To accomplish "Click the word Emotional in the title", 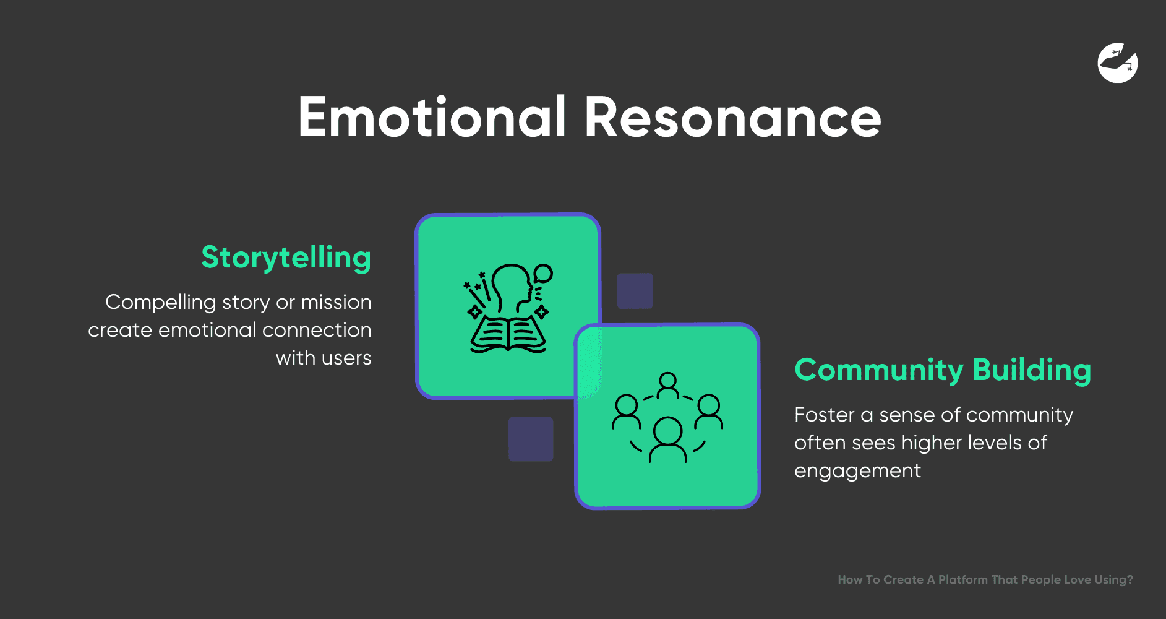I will (x=432, y=117).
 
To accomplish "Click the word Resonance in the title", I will (x=732, y=117).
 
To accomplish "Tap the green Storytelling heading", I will (x=286, y=258).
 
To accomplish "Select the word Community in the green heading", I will (x=879, y=370).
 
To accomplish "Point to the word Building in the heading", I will (x=1031, y=370).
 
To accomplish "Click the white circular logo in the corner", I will (x=1118, y=63).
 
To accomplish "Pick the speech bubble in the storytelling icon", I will (x=543, y=273).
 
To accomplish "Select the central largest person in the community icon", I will (x=667, y=438).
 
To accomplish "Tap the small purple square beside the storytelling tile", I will (x=635, y=291).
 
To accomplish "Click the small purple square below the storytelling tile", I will (x=531, y=439).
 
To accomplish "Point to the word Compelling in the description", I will (x=160, y=303).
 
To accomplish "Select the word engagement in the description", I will (x=857, y=471).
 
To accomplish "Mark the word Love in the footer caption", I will (x=1077, y=580).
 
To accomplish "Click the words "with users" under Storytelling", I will (x=324, y=358).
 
